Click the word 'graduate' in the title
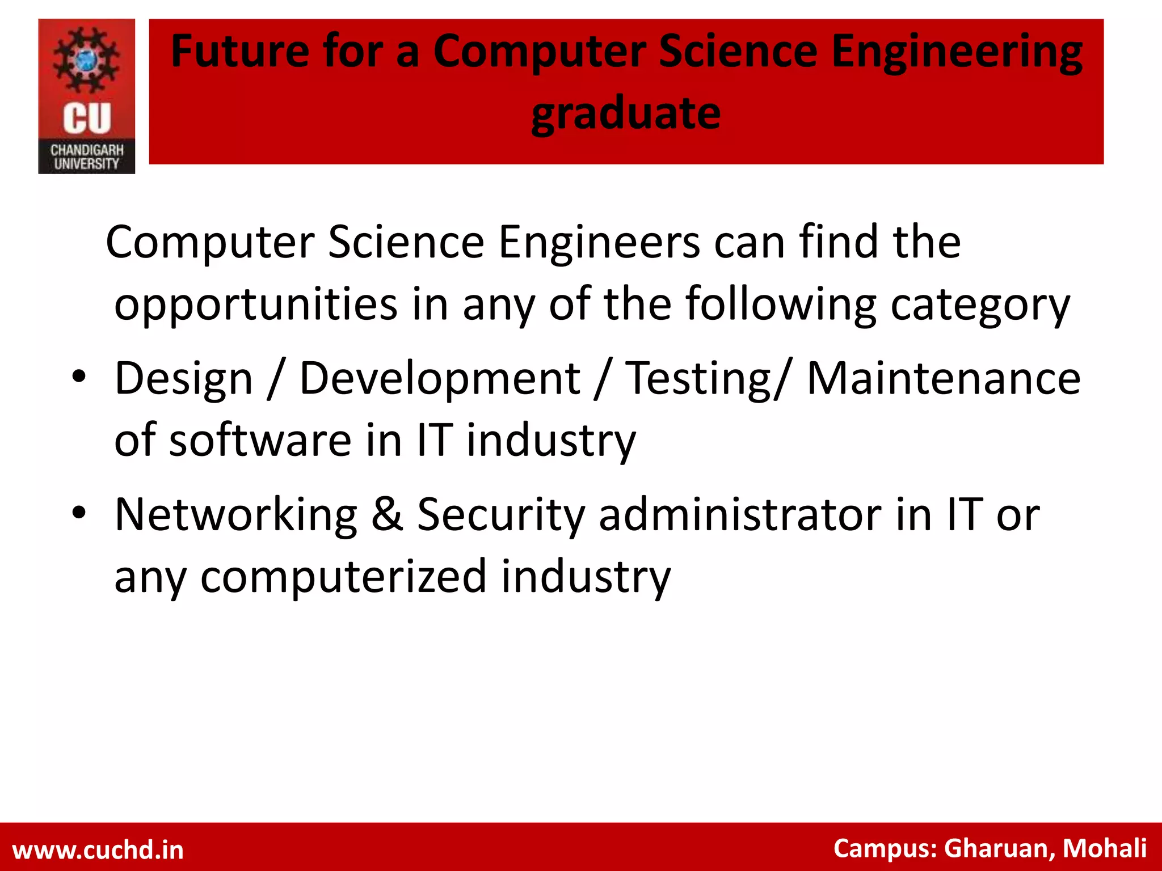[626, 114]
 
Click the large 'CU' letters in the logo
[87, 119]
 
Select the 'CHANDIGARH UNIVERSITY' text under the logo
[87, 157]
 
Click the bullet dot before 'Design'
[79, 377]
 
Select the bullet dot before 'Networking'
[79, 513]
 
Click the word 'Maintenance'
[944, 378]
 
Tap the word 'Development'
[440, 379]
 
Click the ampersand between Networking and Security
[388, 514]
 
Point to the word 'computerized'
[344, 577]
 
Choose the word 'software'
[260, 440]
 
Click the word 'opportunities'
[256, 305]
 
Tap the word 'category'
[980, 305]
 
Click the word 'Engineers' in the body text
[599, 242]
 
